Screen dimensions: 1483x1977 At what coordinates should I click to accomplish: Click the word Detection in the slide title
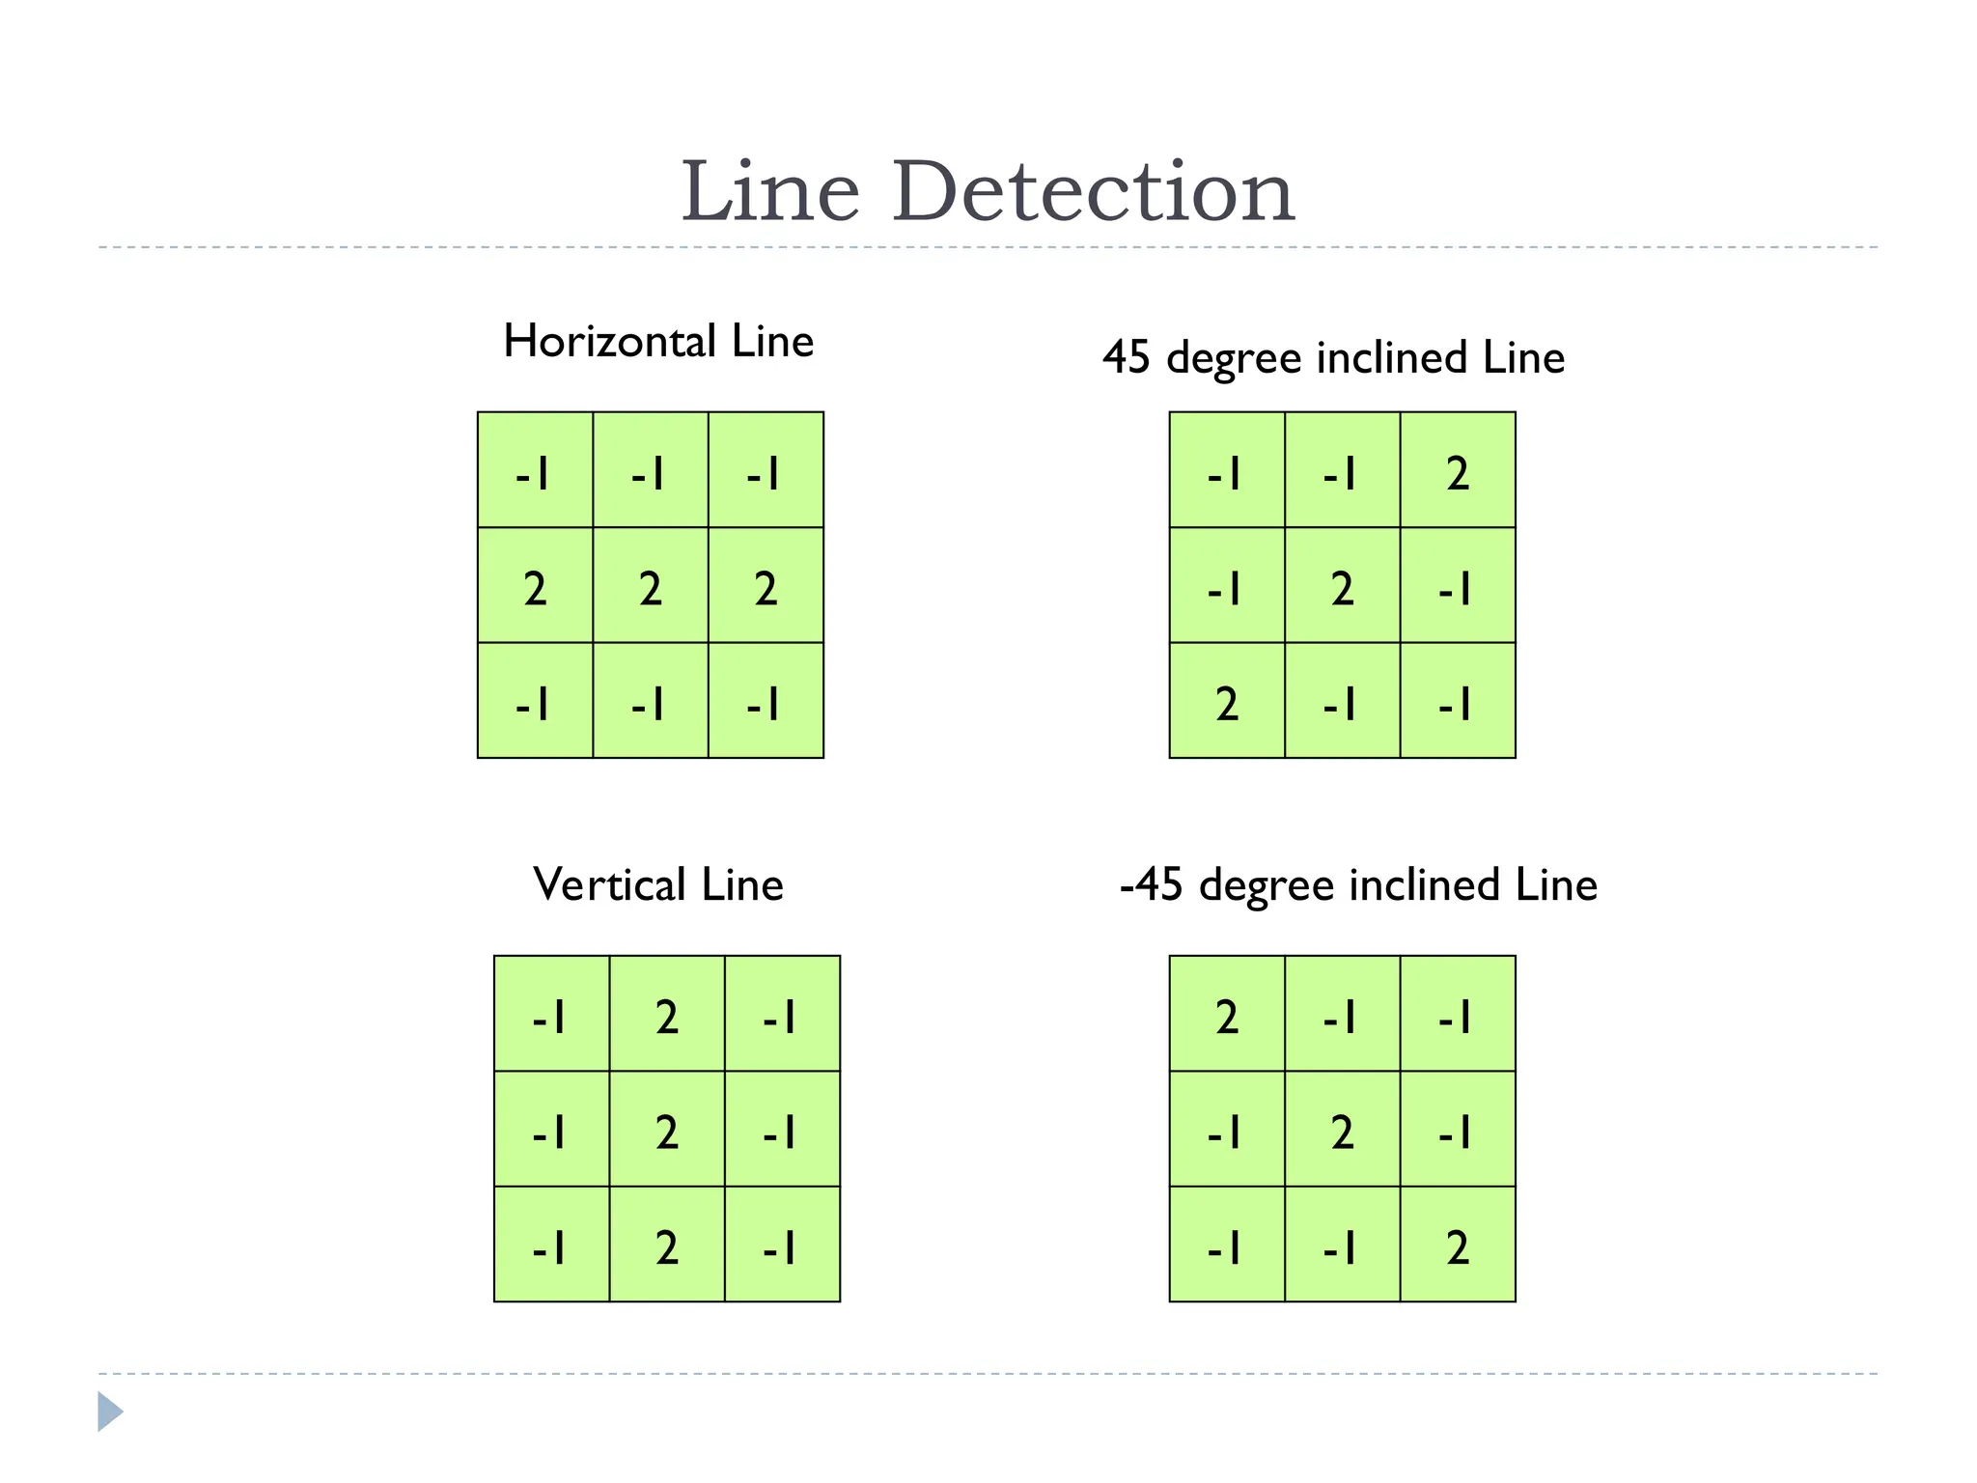click(1093, 192)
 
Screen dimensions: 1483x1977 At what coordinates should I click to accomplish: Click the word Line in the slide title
click(769, 192)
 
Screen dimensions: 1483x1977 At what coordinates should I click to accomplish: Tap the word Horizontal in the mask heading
click(609, 342)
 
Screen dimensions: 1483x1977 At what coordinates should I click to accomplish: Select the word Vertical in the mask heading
click(609, 884)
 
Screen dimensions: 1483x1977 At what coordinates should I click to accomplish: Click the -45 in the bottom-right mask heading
click(1151, 885)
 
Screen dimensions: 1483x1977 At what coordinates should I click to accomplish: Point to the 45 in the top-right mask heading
click(1127, 358)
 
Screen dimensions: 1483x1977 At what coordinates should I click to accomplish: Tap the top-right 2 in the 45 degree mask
click(1458, 473)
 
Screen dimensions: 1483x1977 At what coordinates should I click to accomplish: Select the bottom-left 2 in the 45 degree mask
click(1227, 703)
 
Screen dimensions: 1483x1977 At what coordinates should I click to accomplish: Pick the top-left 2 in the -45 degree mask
click(1227, 1017)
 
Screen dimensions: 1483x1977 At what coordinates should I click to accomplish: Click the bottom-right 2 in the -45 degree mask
click(1458, 1247)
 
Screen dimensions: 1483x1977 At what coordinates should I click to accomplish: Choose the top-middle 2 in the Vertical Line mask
click(667, 1017)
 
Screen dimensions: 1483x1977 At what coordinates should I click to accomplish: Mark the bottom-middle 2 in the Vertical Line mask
click(667, 1247)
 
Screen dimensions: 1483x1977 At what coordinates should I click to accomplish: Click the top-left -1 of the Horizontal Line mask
click(534, 473)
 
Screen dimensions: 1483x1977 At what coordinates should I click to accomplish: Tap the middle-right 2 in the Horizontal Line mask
click(766, 588)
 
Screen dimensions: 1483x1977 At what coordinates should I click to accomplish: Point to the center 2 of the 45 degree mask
click(1342, 588)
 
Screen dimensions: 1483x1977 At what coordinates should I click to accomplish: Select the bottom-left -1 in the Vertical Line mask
click(550, 1247)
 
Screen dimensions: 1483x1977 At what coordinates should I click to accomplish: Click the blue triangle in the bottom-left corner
click(110, 1412)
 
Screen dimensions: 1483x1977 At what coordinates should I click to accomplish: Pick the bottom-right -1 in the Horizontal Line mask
click(765, 703)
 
